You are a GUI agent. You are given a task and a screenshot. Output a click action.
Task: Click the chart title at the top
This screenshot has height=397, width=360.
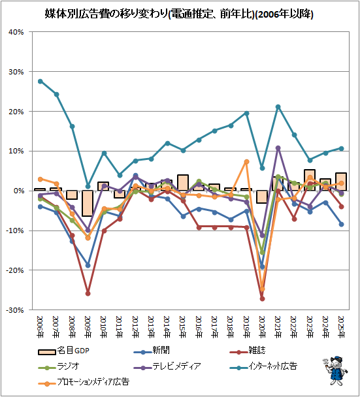(x=179, y=14)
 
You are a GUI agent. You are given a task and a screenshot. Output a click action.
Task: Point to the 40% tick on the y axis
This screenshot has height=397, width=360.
(x=16, y=32)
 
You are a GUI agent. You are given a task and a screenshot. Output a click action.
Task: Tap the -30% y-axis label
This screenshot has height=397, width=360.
(x=14, y=310)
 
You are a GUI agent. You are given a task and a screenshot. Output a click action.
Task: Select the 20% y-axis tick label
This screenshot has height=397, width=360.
(x=16, y=112)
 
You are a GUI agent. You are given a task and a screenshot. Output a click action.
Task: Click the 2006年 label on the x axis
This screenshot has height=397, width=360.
(x=41, y=327)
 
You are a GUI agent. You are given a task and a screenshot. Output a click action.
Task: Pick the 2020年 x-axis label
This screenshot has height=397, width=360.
(x=262, y=327)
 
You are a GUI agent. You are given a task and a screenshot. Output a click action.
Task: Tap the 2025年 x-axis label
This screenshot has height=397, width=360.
(x=342, y=327)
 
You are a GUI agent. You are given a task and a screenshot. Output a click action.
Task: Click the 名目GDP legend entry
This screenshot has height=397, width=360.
(x=64, y=351)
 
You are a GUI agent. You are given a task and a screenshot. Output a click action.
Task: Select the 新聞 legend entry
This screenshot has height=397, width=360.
(x=152, y=351)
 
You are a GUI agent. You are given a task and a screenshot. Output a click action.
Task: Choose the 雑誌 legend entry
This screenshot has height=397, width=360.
(x=248, y=351)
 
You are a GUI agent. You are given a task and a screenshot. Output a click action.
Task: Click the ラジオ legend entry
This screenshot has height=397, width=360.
(x=59, y=366)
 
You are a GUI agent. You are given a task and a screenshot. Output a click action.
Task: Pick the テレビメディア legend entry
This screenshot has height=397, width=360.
(x=167, y=366)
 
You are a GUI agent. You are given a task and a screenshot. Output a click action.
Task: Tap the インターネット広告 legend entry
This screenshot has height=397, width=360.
(x=263, y=366)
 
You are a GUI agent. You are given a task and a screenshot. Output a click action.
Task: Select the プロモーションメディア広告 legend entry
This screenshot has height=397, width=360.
(x=84, y=382)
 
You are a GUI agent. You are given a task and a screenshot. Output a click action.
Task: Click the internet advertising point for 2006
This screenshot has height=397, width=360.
(x=41, y=81)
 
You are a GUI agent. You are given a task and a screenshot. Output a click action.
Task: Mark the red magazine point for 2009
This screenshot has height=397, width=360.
(x=88, y=294)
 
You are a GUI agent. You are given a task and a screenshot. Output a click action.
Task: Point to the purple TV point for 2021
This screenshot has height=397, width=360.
(x=278, y=148)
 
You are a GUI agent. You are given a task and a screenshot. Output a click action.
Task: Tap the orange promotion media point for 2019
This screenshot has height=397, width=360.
(x=246, y=161)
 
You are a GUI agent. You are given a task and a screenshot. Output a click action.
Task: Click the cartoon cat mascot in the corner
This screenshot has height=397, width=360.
(x=335, y=370)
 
